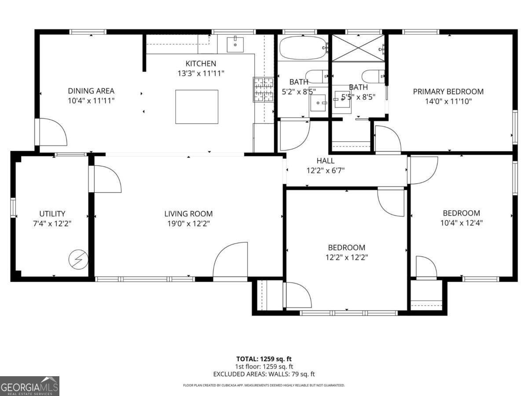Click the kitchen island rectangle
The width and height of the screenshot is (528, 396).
(x=197, y=106)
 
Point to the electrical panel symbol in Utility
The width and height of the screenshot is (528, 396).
(x=78, y=260)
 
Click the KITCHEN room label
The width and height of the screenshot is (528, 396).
(x=200, y=64)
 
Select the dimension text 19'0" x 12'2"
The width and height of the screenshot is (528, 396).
(x=188, y=224)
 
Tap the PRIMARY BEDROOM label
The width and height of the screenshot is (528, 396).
(x=448, y=92)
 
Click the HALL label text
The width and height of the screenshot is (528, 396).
(x=325, y=161)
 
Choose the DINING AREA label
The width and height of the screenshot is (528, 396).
(x=91, y=91)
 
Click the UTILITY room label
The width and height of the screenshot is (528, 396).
(x=52, y=214)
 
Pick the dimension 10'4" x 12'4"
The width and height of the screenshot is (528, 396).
(x=461, y=223)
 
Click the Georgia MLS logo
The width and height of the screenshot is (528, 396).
(x=29, y=386)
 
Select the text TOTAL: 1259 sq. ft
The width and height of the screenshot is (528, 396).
(x=264, y=359)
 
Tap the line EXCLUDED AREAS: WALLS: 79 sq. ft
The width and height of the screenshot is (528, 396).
(x=264, y=374)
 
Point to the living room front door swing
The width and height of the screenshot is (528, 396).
(x=231, y=262)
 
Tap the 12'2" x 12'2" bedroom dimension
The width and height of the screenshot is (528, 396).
(x=346, y=257)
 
